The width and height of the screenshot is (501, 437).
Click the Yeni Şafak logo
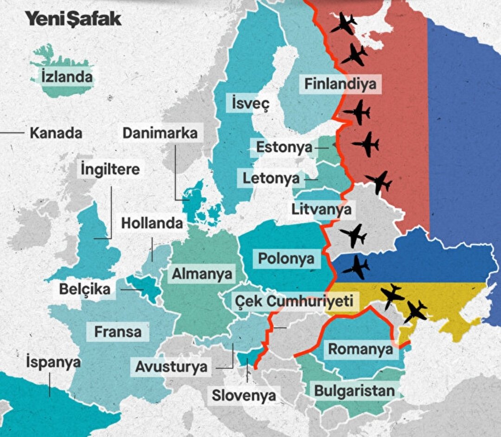[73, 19]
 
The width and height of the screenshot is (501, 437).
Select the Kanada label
[56, 133]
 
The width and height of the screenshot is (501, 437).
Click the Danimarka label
[160, 133]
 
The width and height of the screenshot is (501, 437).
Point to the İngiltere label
[110, 169]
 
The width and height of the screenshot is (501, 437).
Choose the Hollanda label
[152, 223]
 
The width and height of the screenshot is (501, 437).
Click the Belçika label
[85, 289]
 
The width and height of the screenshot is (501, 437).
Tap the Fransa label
[118, 332]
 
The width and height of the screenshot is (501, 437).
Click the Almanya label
[202, 274]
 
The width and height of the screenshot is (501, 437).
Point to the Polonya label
[286, 259]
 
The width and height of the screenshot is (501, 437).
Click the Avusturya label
[171, 367]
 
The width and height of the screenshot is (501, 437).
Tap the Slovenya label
[244, 396]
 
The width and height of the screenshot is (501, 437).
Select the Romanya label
[360, 349]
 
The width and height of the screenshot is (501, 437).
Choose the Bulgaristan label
[354, 391]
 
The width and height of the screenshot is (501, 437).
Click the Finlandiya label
[340, 84]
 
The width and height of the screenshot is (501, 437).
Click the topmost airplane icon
[344, 23]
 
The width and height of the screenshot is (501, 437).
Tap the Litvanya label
[321, 209]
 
